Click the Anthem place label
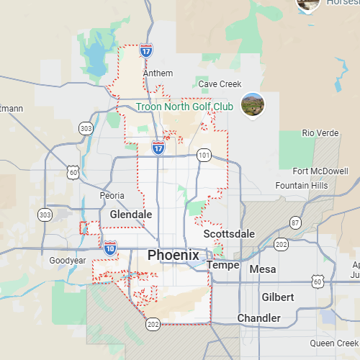point(158,73)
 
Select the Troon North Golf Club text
point(184,107)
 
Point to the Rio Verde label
point(320,132)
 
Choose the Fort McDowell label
point(320,171)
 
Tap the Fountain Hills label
point(302,186)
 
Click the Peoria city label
point(112,196)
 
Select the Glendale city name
point(131,215)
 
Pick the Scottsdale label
point(229,234)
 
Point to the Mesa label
point(262,269)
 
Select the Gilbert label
point(278,297)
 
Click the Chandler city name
point(258,318)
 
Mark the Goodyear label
point(68,261)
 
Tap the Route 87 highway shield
point(295,222)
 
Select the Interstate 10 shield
point(110,248)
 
